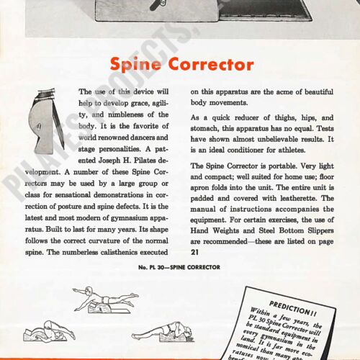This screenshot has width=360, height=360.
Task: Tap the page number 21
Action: point(195,252)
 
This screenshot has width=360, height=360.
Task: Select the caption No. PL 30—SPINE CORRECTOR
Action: point(179,268)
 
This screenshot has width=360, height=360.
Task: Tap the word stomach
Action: point(206,129)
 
